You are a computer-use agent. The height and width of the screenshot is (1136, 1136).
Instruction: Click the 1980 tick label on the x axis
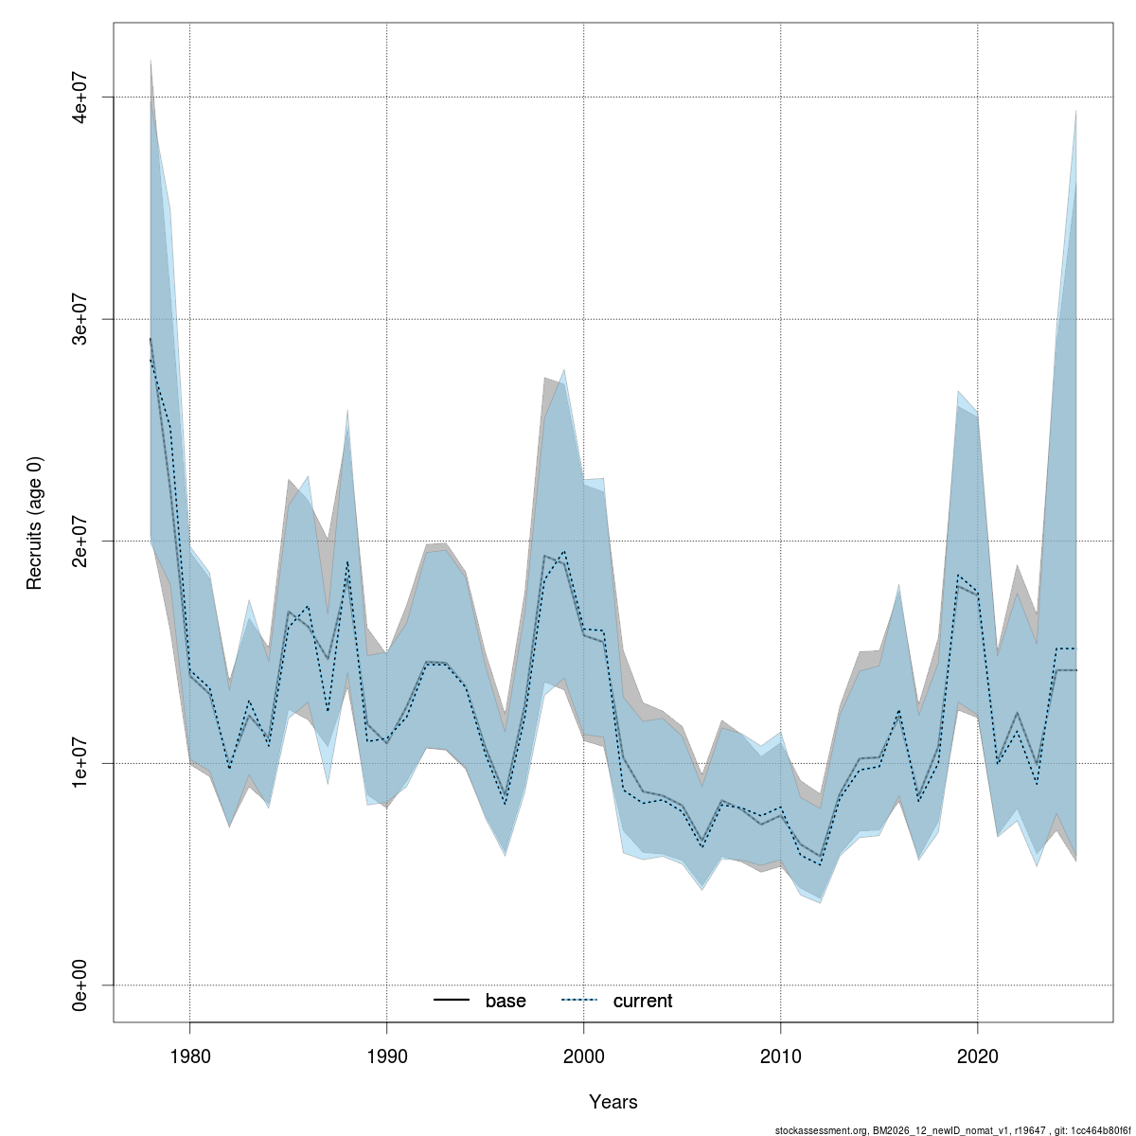click(189, 1054)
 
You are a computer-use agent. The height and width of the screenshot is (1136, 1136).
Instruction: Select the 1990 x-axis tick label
click(386, 1054)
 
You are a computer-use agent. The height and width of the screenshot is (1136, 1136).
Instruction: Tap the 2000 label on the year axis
click(583, 1054)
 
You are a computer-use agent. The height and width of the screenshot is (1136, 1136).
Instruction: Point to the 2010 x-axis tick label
click(780, 1054)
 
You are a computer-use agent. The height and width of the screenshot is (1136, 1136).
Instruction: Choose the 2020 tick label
click(977, 1054)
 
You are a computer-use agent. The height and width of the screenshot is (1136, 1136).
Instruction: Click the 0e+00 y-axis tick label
click(82, 985)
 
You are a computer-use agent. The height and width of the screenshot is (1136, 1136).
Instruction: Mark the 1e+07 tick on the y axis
click(82, 763)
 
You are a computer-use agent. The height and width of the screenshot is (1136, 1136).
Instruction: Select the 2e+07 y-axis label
click(82, 541)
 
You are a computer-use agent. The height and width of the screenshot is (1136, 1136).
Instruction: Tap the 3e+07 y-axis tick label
click(82, 319)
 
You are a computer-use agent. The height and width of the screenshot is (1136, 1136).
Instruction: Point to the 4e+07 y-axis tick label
click(82, 98)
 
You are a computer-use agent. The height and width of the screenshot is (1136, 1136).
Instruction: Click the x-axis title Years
click(612, 1102)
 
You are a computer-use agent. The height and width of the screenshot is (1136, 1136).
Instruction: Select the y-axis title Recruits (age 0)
click(35, 522)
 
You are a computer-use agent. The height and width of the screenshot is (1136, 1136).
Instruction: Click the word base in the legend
click(506, 1001)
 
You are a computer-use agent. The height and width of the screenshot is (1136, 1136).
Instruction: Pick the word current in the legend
click(643, 1001)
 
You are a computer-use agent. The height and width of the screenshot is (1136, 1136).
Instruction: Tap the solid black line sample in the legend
click(453, 1001)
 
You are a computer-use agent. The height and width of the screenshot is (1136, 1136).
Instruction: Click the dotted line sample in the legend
click(580, 1001)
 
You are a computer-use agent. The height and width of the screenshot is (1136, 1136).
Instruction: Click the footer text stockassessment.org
click(820, 1130)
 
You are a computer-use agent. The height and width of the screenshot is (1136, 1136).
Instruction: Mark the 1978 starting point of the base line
click(151, 339)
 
